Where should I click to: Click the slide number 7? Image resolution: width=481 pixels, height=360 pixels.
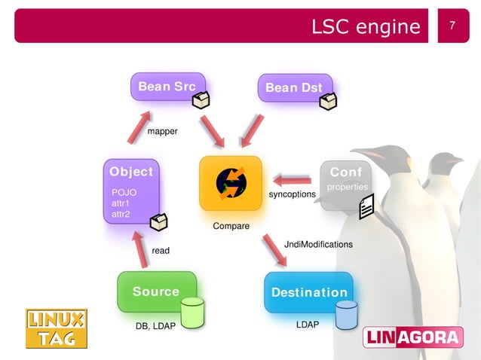coord(452,26)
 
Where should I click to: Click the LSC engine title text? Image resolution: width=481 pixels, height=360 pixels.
coord(366,26)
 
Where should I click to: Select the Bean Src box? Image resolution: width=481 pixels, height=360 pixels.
coord(167,87)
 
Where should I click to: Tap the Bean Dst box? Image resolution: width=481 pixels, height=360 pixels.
coord(294,88)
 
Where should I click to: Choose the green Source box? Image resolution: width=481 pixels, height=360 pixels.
coord(156,291)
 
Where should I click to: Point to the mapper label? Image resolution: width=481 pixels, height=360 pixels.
coord(162,131)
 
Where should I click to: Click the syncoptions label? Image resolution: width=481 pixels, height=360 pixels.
coord(292,194)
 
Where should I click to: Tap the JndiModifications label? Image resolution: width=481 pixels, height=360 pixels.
coord(318,244)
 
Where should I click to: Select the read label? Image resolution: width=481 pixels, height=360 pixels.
coord(161,250)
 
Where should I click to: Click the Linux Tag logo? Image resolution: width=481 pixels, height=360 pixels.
coord(57,329)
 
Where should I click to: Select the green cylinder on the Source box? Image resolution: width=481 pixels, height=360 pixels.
coord(192,313)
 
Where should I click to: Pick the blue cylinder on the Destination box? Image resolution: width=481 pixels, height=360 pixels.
coord(346,314)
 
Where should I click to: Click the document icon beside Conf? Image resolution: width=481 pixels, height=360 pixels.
coord(366,206)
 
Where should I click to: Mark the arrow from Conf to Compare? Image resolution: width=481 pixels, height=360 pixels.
coord(292,179)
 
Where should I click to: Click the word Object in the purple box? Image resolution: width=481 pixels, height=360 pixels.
coord(131,172)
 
